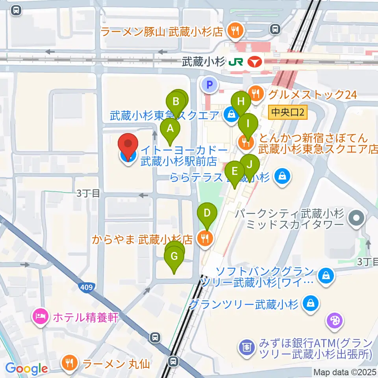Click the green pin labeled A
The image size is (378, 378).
point(170,129)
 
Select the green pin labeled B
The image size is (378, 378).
point(176,102)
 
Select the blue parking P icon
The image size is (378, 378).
point(209,84)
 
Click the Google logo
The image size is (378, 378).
point(27,369)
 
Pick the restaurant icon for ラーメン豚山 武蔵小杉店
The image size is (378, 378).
point(235,31)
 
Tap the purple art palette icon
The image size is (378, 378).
point(335,320)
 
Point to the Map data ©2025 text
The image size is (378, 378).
point(345,372)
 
